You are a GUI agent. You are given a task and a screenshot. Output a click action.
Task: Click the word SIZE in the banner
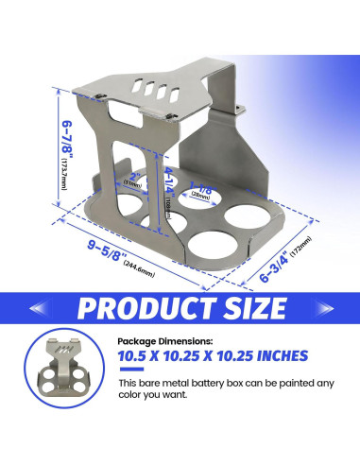click(x=247, y=308)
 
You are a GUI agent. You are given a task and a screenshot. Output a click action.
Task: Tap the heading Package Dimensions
click(x=166, y=341)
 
